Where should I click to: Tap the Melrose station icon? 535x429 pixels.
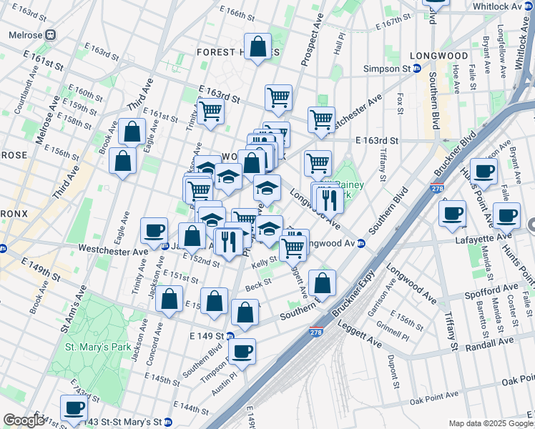point(50,34)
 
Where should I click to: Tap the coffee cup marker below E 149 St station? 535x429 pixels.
point(243,351)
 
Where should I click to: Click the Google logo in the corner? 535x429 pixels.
point(24,420)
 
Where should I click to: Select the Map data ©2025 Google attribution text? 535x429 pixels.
point(490,423)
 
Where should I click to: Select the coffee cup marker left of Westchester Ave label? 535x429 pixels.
point(154,230)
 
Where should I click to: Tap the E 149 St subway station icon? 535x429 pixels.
point(230,335)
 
